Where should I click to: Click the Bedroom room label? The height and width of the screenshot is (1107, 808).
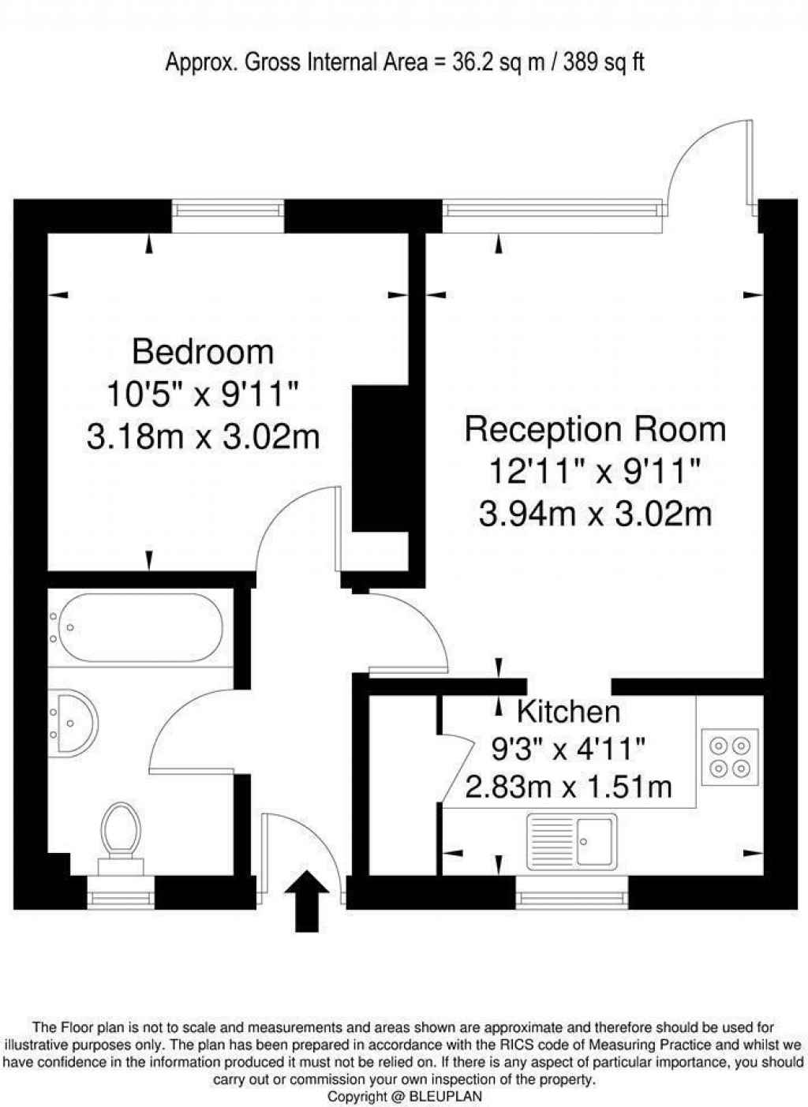(203, 352)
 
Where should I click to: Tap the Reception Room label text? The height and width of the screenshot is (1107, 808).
(595, 430)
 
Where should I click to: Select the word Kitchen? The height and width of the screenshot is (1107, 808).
(568, 712)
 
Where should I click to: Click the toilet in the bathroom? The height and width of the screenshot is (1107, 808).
(121, 832)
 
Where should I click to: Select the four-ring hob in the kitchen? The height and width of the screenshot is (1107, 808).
(729, 757)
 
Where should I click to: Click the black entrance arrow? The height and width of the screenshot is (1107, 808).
(306, 900)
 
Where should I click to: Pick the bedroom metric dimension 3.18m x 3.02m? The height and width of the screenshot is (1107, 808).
(203, 436)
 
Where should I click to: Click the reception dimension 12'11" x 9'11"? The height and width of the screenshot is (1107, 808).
(595, 473)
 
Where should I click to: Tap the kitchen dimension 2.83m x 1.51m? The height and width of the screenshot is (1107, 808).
(568, 787)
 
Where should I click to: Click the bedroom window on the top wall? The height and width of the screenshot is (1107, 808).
(227, 210)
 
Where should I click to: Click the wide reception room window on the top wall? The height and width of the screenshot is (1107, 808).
(551, 210)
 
